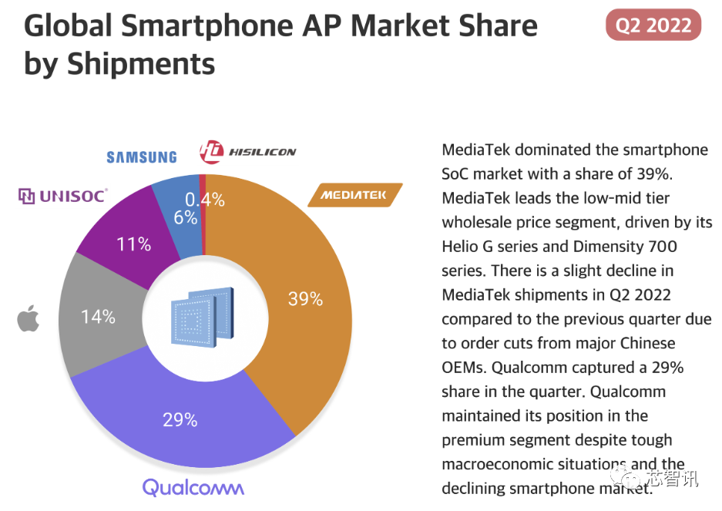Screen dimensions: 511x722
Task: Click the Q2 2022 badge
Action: click(x=653, y=25)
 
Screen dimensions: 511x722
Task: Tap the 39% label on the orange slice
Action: click(x=305, y=298)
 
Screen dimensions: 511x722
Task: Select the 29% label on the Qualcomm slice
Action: click(x=180, y=420)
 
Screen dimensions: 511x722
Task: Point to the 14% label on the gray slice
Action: click(x=98, y=316)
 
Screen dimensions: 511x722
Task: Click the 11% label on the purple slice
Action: click(x=133, y=244)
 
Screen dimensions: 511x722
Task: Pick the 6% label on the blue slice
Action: click(x=185, y=218)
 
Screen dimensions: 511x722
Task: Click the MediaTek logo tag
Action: click(x=354, y=195)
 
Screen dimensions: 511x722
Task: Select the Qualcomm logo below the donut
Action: click(x=193, y=487)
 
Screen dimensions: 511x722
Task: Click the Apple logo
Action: click(x=28, y=318)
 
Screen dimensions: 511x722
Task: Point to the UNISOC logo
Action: click(x=62, y=196)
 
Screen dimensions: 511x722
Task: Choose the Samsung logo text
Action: click(x=141, y=157)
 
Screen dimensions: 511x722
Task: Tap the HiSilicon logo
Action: click(x=247, y=152)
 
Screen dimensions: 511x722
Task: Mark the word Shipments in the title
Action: click(x=141, y=64)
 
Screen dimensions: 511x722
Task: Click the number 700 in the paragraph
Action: click(x=663, y=247)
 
